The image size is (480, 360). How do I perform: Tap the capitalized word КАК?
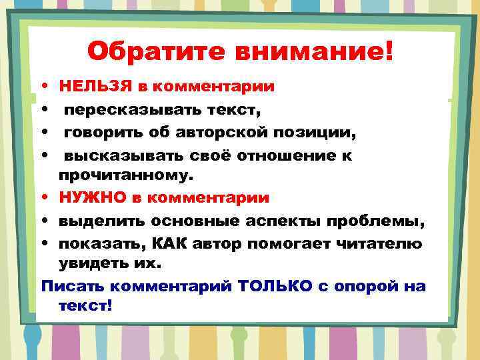point(157,243)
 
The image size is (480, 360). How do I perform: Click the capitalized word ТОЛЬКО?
point(271,287)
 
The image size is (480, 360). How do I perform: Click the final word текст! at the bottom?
point(85,306)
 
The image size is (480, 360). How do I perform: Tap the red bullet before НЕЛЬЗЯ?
point(43,87)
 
